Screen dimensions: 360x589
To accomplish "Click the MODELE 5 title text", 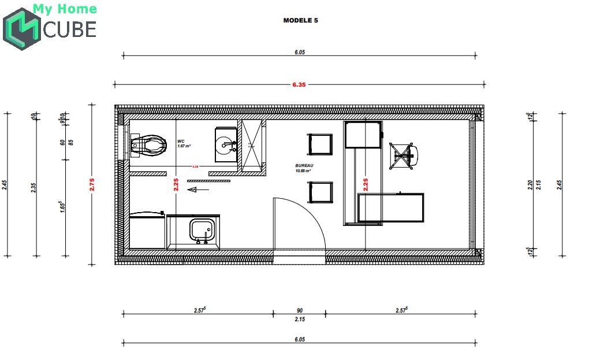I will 300,20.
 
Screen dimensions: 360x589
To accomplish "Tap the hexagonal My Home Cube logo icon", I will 22,29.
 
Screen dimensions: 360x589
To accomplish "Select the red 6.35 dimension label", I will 299,84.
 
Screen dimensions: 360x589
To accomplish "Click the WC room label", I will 181,141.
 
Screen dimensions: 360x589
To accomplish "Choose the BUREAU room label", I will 303,165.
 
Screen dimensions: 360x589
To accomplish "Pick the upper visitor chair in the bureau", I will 320,144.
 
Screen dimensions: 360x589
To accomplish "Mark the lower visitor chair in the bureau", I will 320,192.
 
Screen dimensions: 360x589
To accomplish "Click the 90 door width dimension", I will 299,310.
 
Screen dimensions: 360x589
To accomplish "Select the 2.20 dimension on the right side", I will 529,185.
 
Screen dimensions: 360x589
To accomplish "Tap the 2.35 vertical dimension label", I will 34,188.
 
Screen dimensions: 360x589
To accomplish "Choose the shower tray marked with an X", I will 252,146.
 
